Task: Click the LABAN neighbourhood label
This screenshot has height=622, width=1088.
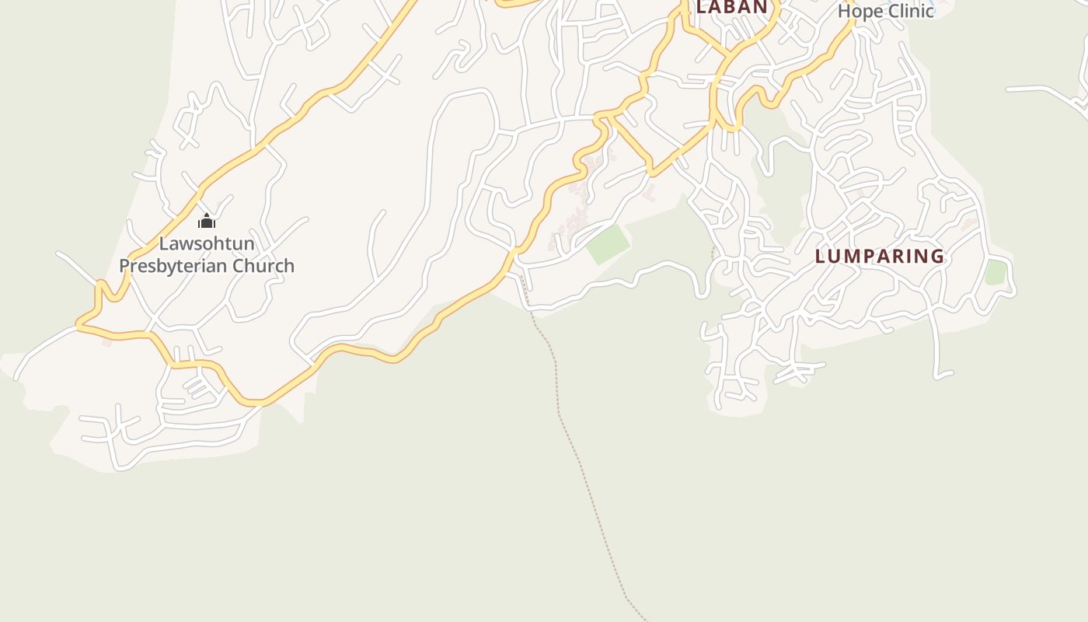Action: (731, 8)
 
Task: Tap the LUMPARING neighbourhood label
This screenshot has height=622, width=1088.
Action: (880, 256)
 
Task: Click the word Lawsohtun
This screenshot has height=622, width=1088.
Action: (207, 243)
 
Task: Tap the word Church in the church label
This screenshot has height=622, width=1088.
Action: (266, 266)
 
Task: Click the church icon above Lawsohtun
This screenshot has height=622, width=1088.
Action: (206, 222)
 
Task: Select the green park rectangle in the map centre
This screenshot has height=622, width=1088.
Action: (608, 245)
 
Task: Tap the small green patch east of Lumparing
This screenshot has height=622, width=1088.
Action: (996, 273)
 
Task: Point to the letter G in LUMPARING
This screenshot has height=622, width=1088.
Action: (937, 256)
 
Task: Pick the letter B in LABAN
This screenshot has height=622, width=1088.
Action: (731, 8)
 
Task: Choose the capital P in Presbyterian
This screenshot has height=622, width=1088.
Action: (125, 266)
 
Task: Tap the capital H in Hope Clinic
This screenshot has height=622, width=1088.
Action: (845, 11)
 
